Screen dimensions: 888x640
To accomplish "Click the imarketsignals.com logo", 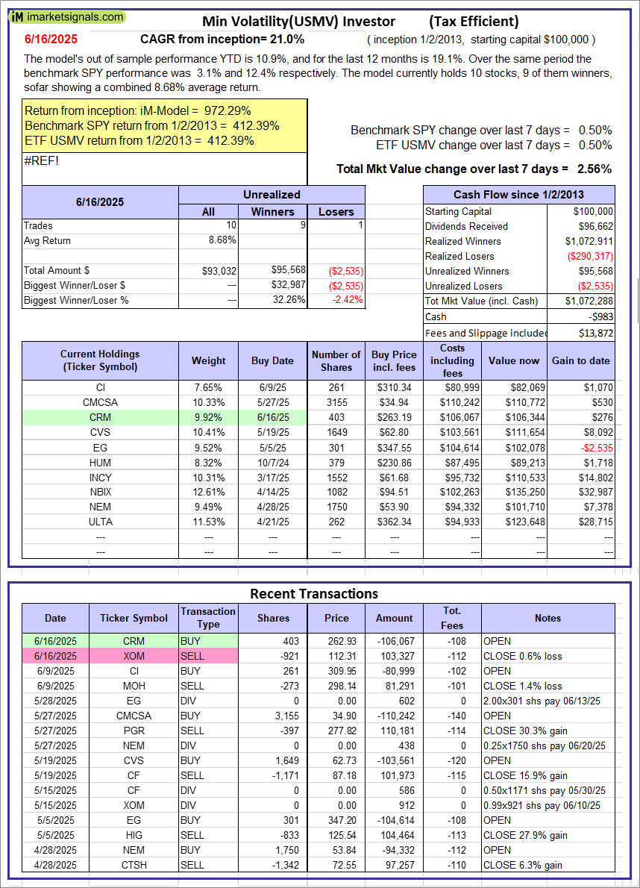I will pyautogui.click(x=67, y=16).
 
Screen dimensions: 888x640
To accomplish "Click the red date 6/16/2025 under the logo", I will pyautogui.click(x=49, y=39).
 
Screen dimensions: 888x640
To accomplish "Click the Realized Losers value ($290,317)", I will pyautogui.click(x=589, y=256).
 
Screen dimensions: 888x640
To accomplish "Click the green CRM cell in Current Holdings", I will pyautogui.click(x=101, y=417).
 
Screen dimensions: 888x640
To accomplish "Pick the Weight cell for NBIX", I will pyautogui.click(x=208, y=492).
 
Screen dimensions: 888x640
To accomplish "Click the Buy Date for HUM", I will pyautogui.click(x=272, y=462).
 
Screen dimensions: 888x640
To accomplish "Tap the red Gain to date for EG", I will pyautogui.click(x=597, y=447).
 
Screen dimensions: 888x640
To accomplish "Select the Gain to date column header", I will pyautogui.click(x=580, y=360).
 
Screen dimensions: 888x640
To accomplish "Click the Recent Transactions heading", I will pyautogui.click(x=313, y=594).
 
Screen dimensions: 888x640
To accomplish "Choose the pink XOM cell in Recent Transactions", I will pyautogui.click(x=134, y=656).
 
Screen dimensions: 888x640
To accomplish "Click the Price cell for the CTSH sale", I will pyautogui.click(x=336, y=865).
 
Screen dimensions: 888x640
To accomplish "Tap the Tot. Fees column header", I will pyautogui.click(x=451, y=618).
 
